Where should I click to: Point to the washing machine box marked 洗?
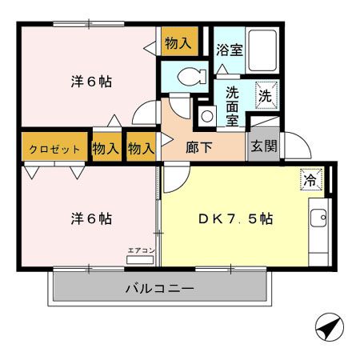(x=267, y=94)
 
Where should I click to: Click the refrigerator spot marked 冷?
(x=310, y=181)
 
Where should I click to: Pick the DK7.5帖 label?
(x=234, y=218)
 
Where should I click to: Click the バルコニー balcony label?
(x=159, y=289)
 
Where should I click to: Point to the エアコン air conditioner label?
(x=141, y=250)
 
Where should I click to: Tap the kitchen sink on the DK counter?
(x=318, y=217)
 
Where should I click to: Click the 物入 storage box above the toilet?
(x=178, y=42)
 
